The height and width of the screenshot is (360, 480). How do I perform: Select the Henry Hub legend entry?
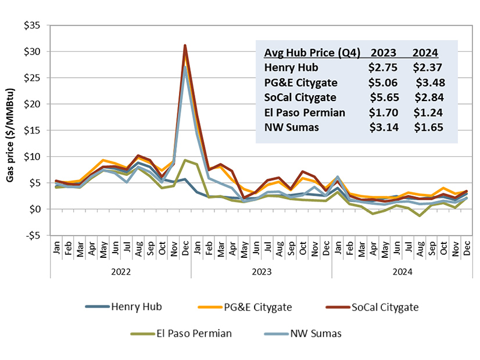coord(133,307)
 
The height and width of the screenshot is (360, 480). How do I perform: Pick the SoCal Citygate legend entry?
coord(384,307)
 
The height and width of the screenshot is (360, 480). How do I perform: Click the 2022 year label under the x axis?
coord(121,270)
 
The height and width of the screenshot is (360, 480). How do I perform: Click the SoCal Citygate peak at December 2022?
coord(185,45)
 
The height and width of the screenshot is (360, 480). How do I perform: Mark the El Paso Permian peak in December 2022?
coord(185,160)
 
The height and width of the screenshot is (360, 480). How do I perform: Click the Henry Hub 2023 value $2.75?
coord(382,67)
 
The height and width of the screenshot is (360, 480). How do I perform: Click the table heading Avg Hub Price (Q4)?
coord(312,52)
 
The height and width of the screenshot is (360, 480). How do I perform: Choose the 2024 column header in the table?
coord(426,52)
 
